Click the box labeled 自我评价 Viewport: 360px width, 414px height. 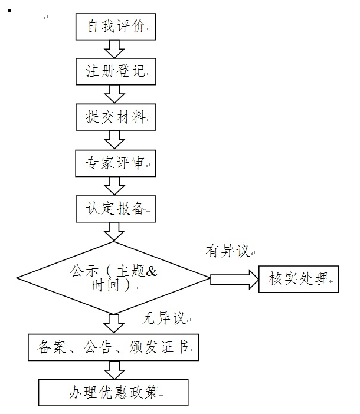(x=116, y=27)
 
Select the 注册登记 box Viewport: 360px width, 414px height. (x=116, y=72)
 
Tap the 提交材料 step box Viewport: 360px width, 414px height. (x=116, y=117)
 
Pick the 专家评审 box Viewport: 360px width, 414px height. (x=116, y=162)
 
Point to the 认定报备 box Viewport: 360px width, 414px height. (x=116, y=208)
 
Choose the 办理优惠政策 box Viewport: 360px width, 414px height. (x=113, y=392)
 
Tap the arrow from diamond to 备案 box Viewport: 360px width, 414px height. (x=114, y=323)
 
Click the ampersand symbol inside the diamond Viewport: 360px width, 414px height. (x=152, y=272)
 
